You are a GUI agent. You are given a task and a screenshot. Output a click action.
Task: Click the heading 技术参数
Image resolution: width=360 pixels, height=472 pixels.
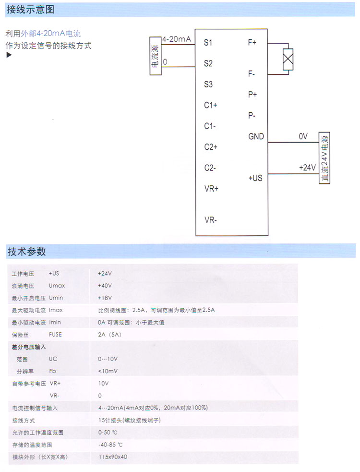(x=26, y=251)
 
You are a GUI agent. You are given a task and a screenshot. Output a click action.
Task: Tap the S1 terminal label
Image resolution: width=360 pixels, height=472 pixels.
(x=208, y=43)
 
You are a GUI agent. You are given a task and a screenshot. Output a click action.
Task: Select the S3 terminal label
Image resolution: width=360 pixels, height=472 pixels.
(x=208, y=85)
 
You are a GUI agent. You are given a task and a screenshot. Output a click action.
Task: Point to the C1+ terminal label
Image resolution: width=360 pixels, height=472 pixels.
(x=211, y=105)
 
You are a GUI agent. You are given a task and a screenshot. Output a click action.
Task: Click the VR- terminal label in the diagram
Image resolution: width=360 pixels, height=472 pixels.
(x=211, y=220)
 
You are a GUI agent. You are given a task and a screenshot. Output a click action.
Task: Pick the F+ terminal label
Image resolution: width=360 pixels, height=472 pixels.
(x=252, y=43)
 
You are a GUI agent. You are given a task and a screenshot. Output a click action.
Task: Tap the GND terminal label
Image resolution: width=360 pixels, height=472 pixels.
(x=256, y=136)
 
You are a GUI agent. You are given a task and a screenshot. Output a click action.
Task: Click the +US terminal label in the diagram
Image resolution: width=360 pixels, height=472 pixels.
(x=255, y=178)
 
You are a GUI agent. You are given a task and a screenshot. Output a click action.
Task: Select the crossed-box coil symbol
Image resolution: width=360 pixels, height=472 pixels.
(x=288, y=60)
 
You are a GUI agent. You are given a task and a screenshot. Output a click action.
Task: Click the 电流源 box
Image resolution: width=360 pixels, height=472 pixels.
(x=156, y=56)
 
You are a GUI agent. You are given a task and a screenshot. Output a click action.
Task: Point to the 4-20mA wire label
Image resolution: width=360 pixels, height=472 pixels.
(x=177, y=39)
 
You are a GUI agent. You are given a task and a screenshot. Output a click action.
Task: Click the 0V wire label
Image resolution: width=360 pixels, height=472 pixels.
(x=303, y=136)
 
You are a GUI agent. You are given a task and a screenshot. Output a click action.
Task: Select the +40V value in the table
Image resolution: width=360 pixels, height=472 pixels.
(x=105, y=286)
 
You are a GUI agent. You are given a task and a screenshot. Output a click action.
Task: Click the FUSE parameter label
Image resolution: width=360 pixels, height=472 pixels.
(x=55, y=334)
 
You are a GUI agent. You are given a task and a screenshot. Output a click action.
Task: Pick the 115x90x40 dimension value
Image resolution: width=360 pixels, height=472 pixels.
(x=113, y=457)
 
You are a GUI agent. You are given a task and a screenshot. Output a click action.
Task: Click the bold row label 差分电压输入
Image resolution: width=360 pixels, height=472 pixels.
(x=29, y=347)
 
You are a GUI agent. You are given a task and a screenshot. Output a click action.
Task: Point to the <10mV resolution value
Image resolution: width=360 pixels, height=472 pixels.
(x=108, y=371)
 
